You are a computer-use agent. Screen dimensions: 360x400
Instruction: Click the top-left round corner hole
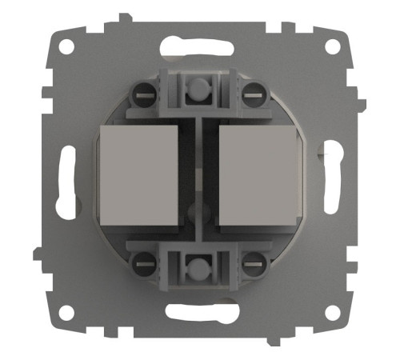point(66,46)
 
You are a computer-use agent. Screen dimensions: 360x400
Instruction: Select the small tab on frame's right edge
point(361,105)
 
